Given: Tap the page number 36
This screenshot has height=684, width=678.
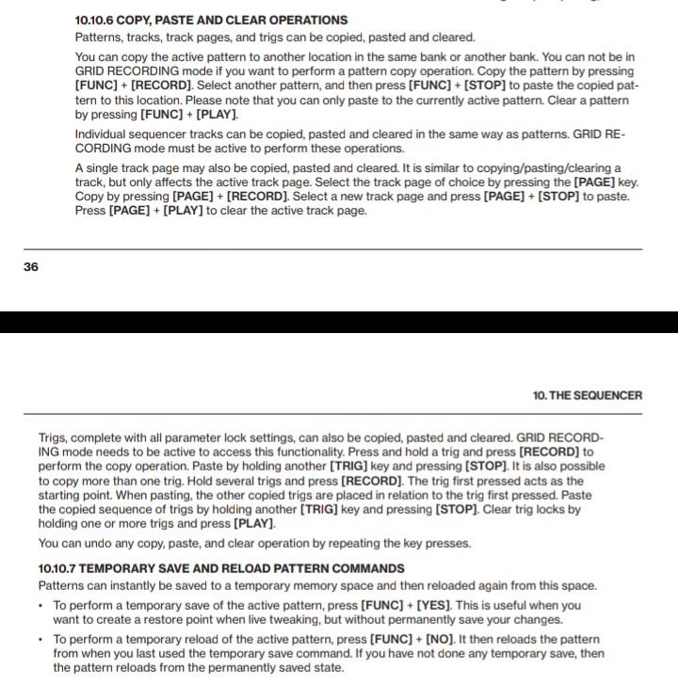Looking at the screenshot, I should (31, 267).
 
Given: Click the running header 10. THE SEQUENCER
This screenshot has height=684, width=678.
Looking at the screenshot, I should (588, 395).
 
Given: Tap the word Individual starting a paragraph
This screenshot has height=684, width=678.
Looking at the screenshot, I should (104, 135).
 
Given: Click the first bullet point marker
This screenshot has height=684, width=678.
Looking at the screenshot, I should (42, 606).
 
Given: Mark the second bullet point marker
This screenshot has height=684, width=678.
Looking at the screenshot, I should (42, 640).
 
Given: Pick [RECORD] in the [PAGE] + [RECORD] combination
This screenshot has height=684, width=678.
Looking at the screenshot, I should (257, 197).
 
